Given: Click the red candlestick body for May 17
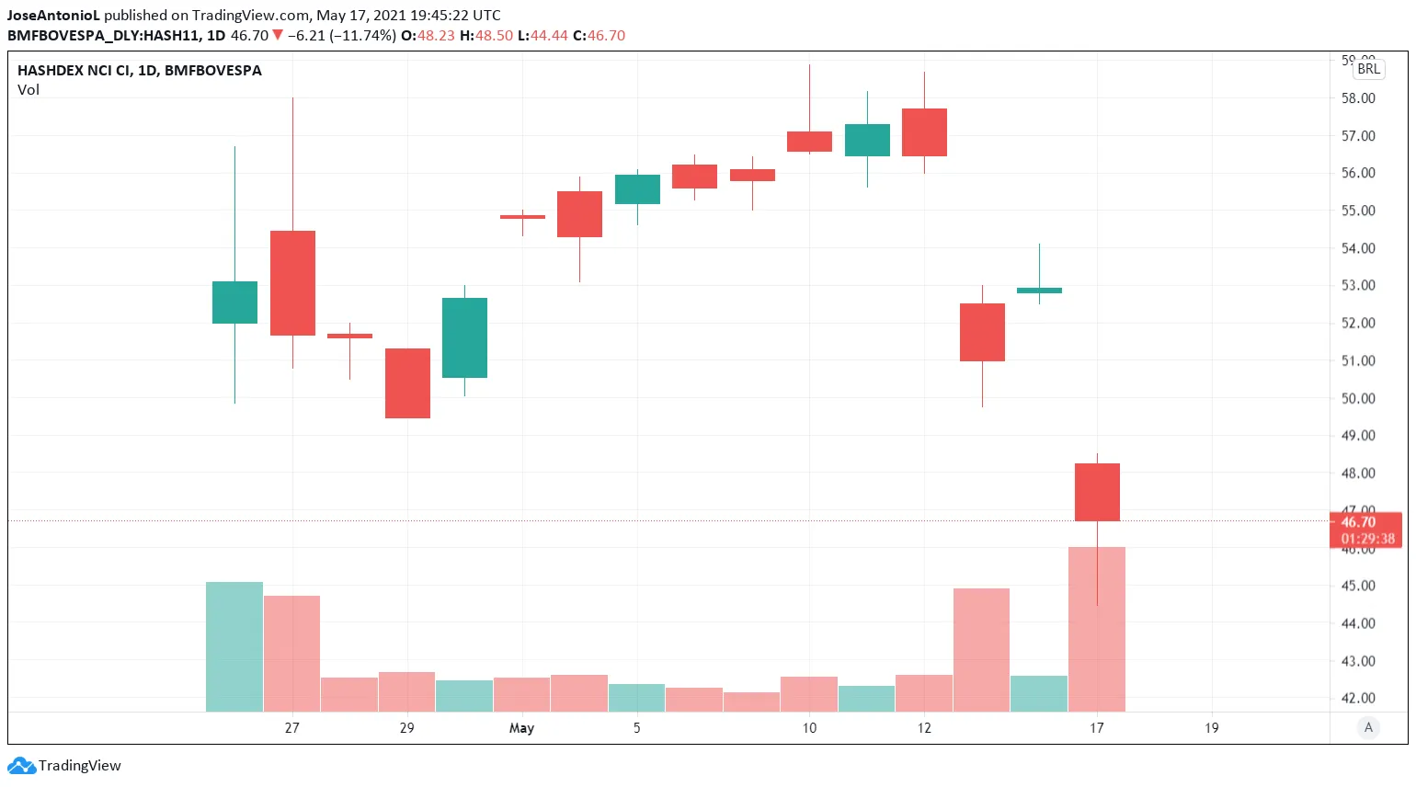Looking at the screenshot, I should [x=1097, y=492].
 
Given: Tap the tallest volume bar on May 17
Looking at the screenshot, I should [x=1097, y=634].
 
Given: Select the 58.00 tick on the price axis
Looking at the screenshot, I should [x=1358, y=98].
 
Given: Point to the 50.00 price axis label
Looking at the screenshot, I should [x=1358, y=398].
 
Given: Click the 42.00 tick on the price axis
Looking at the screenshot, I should [x=1358, y=698].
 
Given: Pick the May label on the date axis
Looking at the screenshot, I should [x=521, y=728].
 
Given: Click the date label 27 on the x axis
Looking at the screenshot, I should [x=291, y=728].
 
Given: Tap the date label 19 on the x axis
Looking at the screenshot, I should [x=1212, y=728].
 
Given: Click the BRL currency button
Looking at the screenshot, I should [x=1368, y=69].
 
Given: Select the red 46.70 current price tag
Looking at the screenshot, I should [x=1365, y=522].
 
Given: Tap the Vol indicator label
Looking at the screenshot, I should [x=29, y=90].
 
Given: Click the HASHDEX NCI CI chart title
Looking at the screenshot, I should [x=140, y=71].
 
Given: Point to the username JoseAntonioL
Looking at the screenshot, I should [x=53, y=16].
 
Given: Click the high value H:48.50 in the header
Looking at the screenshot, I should [x=486, y=36].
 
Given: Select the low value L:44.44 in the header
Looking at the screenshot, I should [x=543, y=36].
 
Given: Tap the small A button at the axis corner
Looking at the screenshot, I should [x=1368, y=727].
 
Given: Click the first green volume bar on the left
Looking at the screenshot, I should [x=234, y=646].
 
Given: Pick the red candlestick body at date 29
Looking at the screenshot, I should [x=407, y=383].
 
